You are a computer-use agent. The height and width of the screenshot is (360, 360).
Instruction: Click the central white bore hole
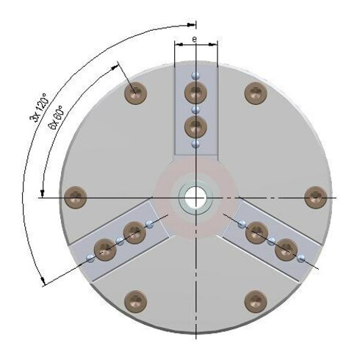click(195, 198)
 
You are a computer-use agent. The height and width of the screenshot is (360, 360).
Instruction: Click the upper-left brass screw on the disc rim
click(134, 93)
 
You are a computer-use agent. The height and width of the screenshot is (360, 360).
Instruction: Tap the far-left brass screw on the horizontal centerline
click(75, 197)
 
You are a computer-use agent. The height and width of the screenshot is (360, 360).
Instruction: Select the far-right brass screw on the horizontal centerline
click(315, 197)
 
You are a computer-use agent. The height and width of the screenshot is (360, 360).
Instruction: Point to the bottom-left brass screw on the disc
click(134, 300)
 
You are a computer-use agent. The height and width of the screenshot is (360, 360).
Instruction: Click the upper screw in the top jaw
click(195, 93)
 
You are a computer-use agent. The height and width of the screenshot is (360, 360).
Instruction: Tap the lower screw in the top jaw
click(195, 127)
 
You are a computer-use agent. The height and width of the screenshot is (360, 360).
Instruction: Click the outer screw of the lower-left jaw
click(106, 250)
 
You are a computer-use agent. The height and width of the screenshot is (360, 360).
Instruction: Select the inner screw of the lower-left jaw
click(134, 232)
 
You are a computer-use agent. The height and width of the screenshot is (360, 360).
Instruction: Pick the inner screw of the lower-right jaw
click(255, 232)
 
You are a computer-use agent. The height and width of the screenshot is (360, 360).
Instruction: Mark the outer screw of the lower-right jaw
click(285, 250)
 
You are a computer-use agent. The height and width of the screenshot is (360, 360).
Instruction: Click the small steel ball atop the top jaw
click(195, 75)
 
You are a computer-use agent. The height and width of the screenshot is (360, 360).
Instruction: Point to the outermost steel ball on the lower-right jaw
click(301, 257)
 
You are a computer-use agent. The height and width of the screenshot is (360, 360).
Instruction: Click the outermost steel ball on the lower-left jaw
click(90, 257)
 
